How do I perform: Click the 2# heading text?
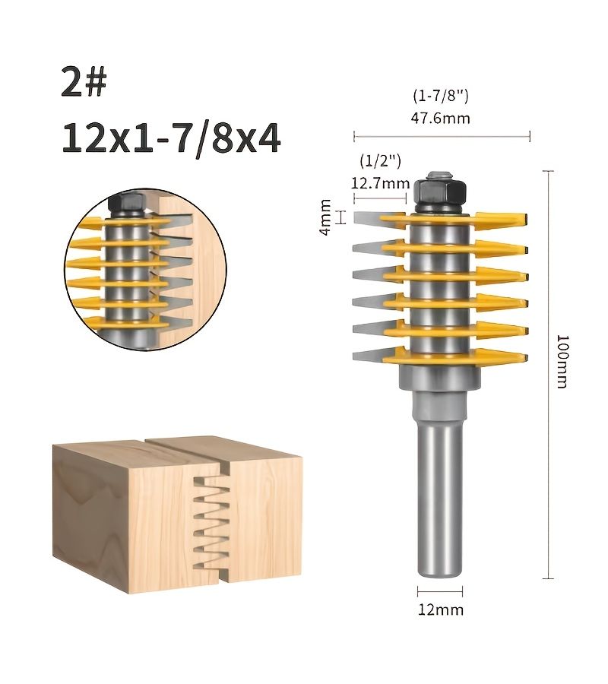pos(84,81)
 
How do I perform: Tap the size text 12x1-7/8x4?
pos(171,138)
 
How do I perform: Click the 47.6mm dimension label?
pos(441,119)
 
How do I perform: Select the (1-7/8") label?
pos(441,96)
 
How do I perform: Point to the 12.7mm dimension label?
pos(380,182)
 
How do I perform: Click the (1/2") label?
pos(380,160)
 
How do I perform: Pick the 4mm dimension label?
pos(325,217)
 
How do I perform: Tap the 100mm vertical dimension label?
pos(562,361)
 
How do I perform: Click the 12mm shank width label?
pos(441,610)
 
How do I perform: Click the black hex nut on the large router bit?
pos(440,192)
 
